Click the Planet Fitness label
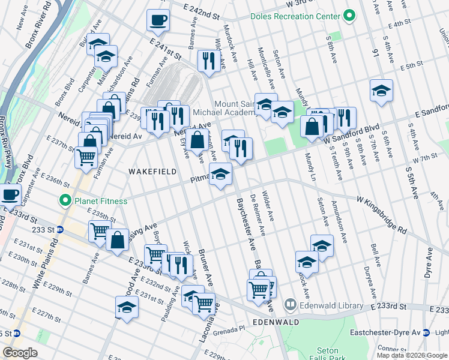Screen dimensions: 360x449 [x=95, y=200]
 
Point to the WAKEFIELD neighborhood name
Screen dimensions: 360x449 [x=152, y=172]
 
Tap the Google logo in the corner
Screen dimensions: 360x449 [x=20, y=353]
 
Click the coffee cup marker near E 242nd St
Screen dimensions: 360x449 [x=158, y=20]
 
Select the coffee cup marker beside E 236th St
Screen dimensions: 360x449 [x=10, y=194]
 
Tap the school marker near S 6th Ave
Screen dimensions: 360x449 [x=381, y=91]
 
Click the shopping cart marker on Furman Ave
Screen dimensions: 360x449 [x=86, y=158]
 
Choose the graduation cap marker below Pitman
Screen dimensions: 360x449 [x=220, y=175]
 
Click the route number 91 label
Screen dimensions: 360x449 [x=376, y=54]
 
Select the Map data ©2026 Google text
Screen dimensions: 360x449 [x=411, y=355]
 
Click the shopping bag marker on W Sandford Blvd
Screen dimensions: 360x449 [x=312, y=127]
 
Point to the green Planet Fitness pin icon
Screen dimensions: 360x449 [x=62, y=200]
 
